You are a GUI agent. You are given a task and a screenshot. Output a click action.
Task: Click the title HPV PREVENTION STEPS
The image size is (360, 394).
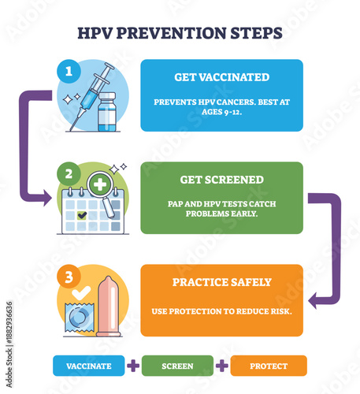180,34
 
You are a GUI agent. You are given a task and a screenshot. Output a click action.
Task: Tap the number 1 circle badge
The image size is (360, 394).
68,70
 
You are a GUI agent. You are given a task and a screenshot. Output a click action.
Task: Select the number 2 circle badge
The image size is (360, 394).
68,174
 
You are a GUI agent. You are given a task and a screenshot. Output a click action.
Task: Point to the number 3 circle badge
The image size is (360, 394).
68,277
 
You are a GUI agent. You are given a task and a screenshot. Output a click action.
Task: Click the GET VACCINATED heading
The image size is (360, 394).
221,77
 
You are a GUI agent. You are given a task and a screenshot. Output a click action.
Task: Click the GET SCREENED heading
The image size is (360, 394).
221,180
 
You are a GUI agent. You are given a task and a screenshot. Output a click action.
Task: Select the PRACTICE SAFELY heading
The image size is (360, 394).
221,282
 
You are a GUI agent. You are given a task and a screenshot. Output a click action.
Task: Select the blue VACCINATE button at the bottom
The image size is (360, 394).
87,366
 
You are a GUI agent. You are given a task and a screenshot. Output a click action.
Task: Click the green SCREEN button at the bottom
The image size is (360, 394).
177,366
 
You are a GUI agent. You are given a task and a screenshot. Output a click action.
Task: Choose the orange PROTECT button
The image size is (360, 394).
269,366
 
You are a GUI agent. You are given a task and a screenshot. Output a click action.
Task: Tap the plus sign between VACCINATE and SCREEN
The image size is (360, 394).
132,366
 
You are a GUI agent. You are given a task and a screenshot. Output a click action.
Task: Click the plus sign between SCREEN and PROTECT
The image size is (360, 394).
223,366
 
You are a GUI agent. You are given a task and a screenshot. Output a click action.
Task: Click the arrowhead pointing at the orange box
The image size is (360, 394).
314,299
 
